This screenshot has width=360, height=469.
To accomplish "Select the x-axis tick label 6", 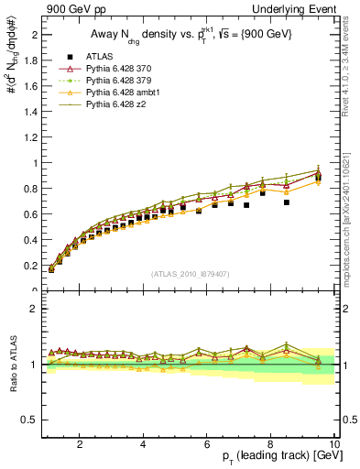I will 207,444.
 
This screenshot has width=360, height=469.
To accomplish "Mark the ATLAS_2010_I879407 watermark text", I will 191,274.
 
